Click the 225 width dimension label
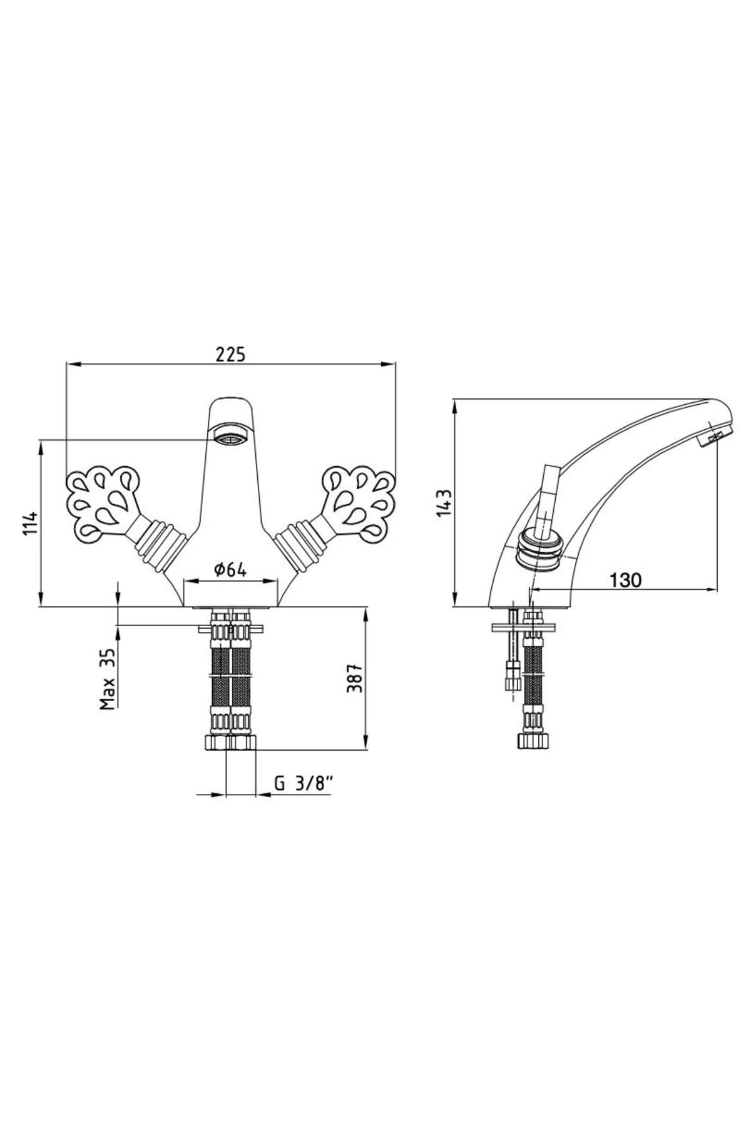tap(231, 354)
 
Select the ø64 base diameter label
tap(230, 569)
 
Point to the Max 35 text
tap(108, 679)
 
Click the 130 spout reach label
tap(625, 580)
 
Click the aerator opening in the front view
tap(230, 434)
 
